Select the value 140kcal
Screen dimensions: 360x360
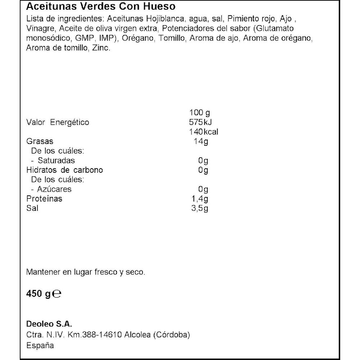pyautogui.click(x=203, y=132)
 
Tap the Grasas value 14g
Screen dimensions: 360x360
pyautogui.click(x=201, y=141)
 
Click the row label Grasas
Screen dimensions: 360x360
pyautogui.click(x=40, y=141)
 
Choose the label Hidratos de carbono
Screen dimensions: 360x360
pyautogui.click(x=65, y=170)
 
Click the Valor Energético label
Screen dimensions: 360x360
pyautogui.click(x=58, y=122)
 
